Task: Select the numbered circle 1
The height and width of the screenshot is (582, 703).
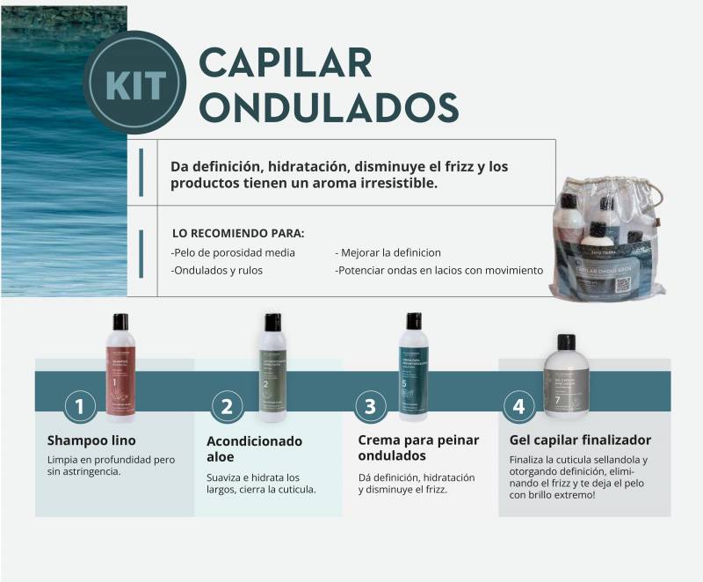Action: tap(80, 406)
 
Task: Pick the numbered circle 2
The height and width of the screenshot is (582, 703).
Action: tap(227, 406)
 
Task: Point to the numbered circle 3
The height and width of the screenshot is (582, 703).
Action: tap(370, 406)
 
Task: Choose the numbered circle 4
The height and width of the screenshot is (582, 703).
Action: tap(518, 406)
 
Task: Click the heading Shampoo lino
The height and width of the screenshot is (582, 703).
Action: tap(91, 440)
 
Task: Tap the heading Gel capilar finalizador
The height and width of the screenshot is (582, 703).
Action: tap(580, 440)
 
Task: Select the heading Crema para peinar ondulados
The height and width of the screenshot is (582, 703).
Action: tap(418, 447)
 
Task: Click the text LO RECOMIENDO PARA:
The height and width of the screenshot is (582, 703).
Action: tap(238, 233)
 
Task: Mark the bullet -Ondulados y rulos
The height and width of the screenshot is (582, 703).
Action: tap(216, 271)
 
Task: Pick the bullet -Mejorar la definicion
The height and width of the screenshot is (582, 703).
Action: tap(388, 252)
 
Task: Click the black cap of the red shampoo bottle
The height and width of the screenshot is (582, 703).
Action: tap(120, 321)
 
